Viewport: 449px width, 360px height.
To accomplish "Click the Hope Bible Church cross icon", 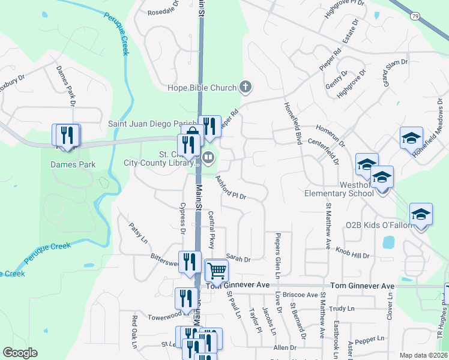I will pyautogui.click(x=245, y=88).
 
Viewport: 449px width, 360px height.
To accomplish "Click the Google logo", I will pyautogui.click(x=20, y=352).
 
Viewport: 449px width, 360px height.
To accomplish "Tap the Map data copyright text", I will pyautogui.click(x=424, y=355).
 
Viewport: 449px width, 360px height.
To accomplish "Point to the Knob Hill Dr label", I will pyautogui.click(x=352, y=252).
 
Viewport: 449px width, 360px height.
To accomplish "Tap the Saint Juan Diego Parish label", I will pyautogui.click(x=152, y=124).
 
